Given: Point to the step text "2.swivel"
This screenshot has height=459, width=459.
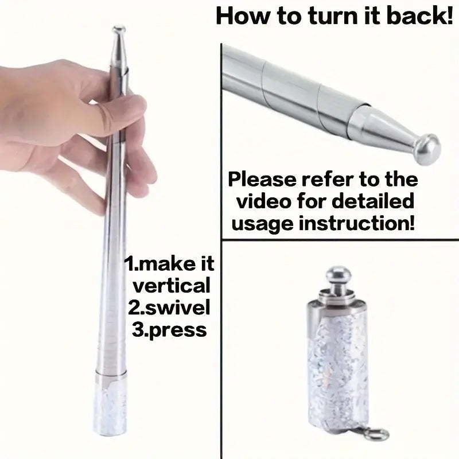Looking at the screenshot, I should point(168,308).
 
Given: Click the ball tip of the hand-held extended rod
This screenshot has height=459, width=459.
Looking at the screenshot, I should point(119,29).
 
